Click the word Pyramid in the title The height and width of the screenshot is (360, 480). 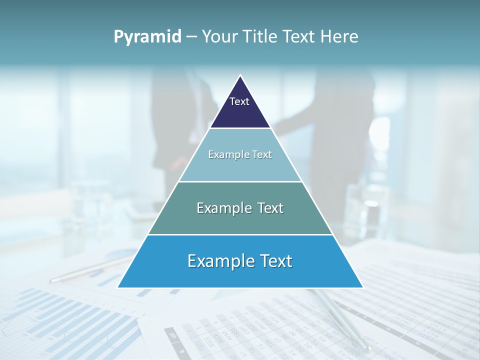(x=147, y=37)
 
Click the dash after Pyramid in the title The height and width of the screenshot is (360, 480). (x=191, y=37)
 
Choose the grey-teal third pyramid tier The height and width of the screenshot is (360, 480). (x=240, y=220)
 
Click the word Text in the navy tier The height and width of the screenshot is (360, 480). (x=239, y=101)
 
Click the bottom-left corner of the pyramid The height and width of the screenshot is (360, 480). (x=118, y=287)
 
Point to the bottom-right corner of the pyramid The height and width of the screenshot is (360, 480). (x=362, y=287)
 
